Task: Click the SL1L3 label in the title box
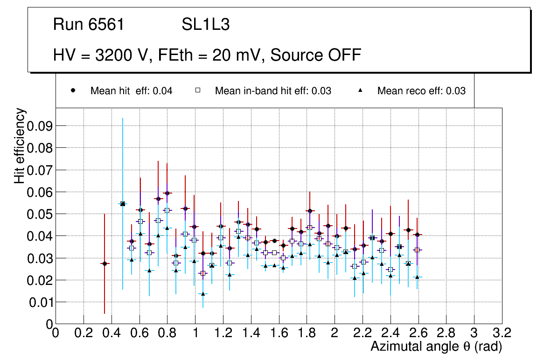click(x=205, y=25)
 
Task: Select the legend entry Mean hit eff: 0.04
click(x=131, y=91)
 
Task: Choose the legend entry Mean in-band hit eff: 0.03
click(x=273, y=91)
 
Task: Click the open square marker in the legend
click(x=197, y=91)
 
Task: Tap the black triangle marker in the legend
click(x=360, y=91)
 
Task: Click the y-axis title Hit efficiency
click(x=20, y=145)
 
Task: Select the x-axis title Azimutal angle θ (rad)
click(x=436, y=346)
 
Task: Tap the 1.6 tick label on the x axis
click(x=279, y=333)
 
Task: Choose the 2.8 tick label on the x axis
click(x=446, y=333)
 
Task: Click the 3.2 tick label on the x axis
click(x=502, y=333)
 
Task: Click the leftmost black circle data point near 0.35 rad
click(x=105, y=263)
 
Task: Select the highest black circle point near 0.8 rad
click(x=167, y=193)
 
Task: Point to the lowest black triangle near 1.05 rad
click(x=203, y=294)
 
